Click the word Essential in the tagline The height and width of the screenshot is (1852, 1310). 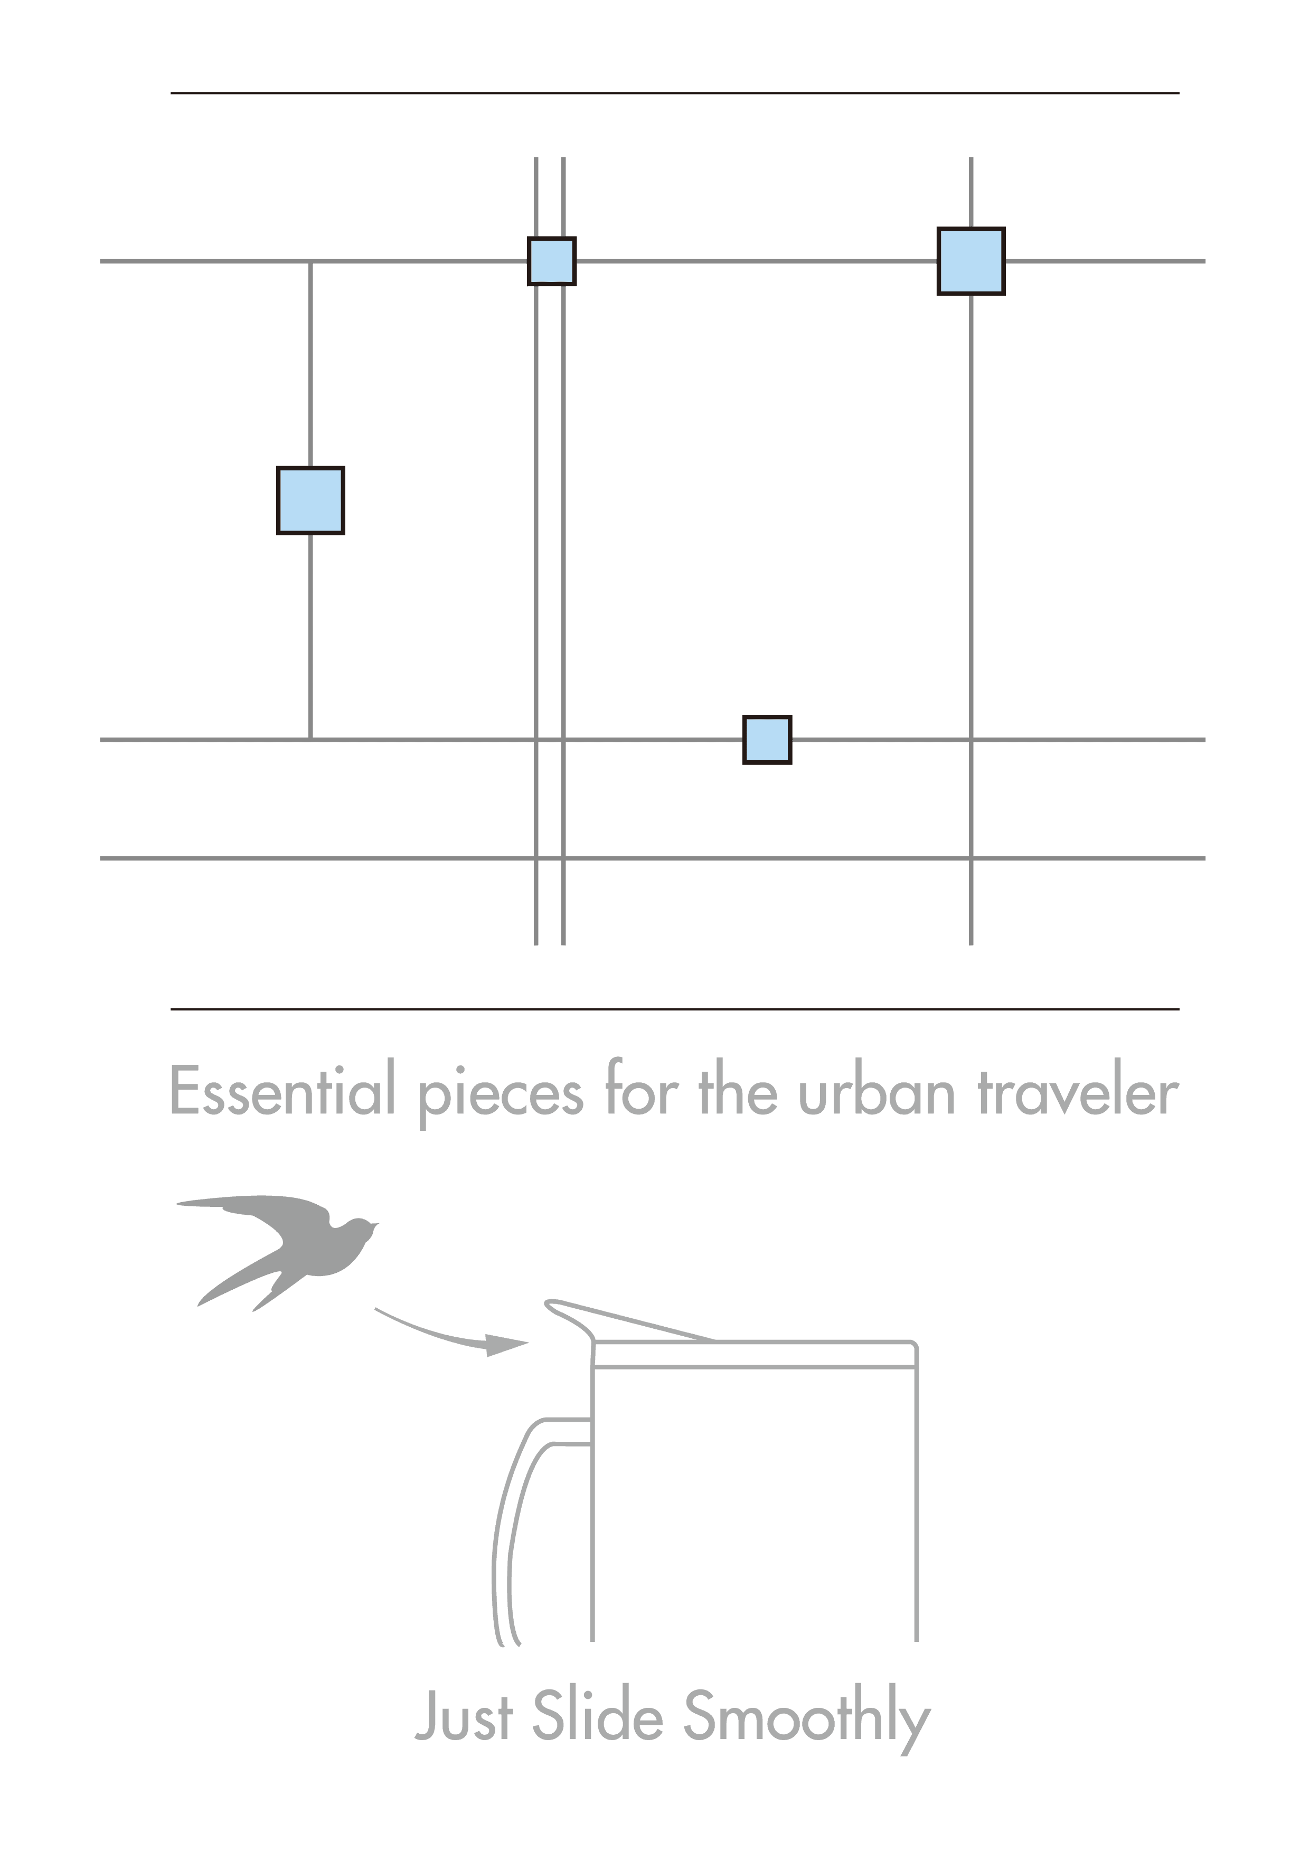(x=281, y=1091)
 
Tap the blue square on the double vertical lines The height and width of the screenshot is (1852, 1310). (x=552, y=261)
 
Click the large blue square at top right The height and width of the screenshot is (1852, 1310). (x=970, y=261)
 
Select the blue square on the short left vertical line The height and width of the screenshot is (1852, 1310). (x=310, y=500)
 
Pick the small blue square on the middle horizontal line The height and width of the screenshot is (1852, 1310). (x=767, y=740)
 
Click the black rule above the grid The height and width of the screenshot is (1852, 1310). (x=674, y=93)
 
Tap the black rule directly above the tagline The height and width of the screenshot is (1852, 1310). (x=674, y=1009)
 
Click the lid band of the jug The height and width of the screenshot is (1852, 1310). (x=754, y=1354)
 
